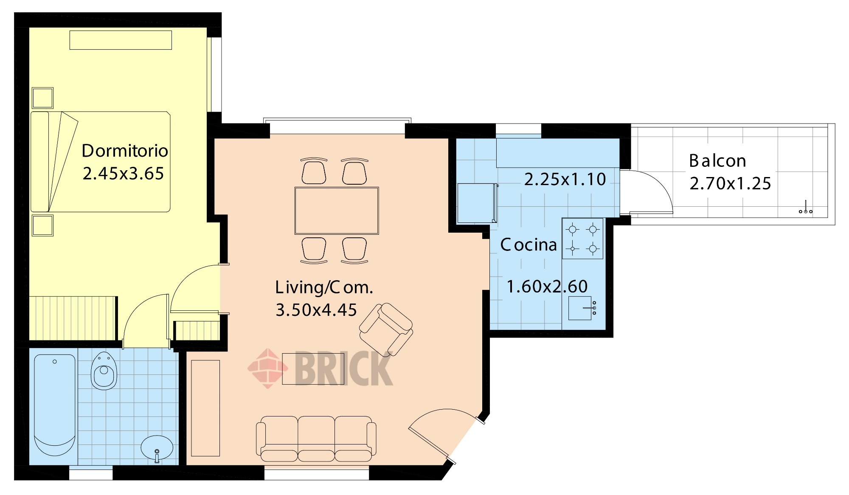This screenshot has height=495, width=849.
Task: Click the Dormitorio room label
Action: pyautogui.click(x=125, y=151)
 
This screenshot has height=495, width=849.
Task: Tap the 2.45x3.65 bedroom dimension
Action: pyautogui.click(x=123, y=174)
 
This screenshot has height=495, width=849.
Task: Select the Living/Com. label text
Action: pyautogui.click(x=324, y=287)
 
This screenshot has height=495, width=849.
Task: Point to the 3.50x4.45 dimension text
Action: pyautogui.click(x=316, y=310)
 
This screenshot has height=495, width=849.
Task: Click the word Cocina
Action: pyautogui.click(x=529, y=245)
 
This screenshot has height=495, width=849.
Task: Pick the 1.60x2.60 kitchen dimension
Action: pyautogui.click(x=547, y=287)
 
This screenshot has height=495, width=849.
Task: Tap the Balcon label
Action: pyautogui.click(x=717, y=161)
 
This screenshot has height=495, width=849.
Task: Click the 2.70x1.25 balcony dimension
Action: pyautogui.click(x=730, y=183)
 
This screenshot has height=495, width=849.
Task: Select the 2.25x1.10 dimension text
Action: pyautogui.click(x=565, y=179)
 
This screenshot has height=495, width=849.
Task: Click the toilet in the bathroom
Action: pyautogui.click(x=104, y=370)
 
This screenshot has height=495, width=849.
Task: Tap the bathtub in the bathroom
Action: pyautogui.click(x=55, y=405)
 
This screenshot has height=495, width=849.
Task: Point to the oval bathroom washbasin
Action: pyautogui.click(x=157, y=448)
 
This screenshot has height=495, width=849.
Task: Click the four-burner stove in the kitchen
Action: pyautogui.click(x=582, y=239)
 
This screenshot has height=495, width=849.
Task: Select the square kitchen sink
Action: pyautogui.click(x=582, y=308)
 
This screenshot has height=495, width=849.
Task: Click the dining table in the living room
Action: pyautogui.click(x=337, y=211)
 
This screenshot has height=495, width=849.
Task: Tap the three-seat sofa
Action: pyautogui.click(x=316, y=439)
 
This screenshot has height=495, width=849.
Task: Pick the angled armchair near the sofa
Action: pyautogui.click(x=386, y=329)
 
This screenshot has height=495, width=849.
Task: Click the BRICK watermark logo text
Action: pyautogui.click(x=343, y=368)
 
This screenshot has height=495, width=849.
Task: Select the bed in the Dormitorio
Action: pyautogui.click(x=101, y=162)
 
